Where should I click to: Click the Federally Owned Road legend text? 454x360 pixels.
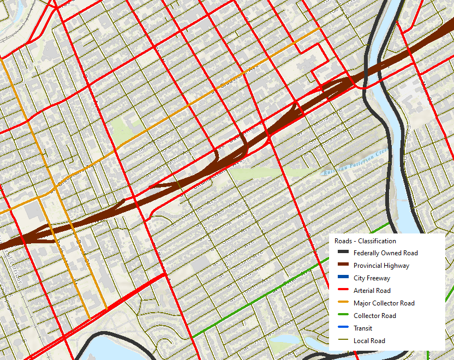coord(385,253)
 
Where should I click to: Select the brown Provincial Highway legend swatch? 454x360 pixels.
coord(342,266)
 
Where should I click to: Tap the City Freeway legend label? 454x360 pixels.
coord(372,278)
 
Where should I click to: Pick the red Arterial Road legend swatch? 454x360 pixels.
coord(342,291)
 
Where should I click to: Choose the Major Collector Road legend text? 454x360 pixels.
coord(384,303)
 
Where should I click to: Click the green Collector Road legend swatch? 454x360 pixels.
coord(342,316)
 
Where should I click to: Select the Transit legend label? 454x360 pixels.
coord(362,328)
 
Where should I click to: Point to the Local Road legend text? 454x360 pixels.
coord(369,341)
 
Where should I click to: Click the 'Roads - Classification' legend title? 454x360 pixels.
coord(365,241)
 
